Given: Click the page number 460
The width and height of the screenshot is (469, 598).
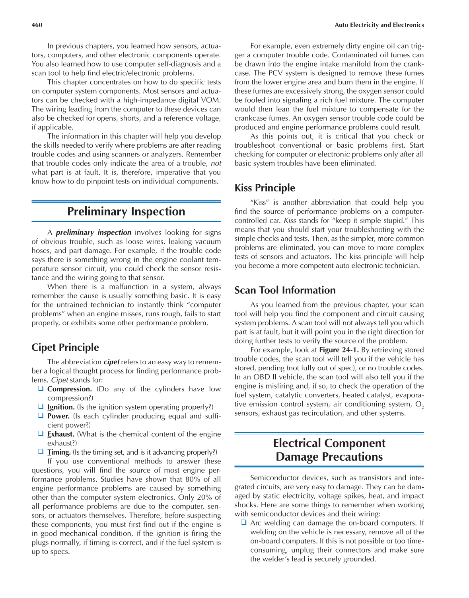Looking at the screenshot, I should [37, 25].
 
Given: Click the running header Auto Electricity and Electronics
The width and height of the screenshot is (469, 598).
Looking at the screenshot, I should [379, 25].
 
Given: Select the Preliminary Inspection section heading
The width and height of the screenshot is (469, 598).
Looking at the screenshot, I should [126, 211].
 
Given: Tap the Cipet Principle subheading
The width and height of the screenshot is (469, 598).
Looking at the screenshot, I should [65, 347].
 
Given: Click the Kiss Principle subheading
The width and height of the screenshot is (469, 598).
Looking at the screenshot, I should [265, 188].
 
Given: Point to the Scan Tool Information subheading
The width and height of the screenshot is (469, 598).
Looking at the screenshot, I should [285, 290].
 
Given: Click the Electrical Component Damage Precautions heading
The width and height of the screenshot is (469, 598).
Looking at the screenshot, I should [329, 450].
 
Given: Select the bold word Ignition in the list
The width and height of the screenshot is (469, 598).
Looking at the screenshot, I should [61, 407].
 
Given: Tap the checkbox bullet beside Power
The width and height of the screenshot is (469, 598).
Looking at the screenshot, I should [41, 416].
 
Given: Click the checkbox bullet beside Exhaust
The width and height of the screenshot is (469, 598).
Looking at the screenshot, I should [41, 434].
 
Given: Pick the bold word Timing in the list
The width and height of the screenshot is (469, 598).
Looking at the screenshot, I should [59, 452].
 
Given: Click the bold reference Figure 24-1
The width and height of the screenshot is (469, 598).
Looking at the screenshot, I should [339, 350].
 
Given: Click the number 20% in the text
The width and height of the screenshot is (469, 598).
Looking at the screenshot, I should [204, 497].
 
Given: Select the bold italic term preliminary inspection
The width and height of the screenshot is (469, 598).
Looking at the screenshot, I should [93, 233].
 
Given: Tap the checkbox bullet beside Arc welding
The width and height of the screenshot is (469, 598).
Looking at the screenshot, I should [243, 523].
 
